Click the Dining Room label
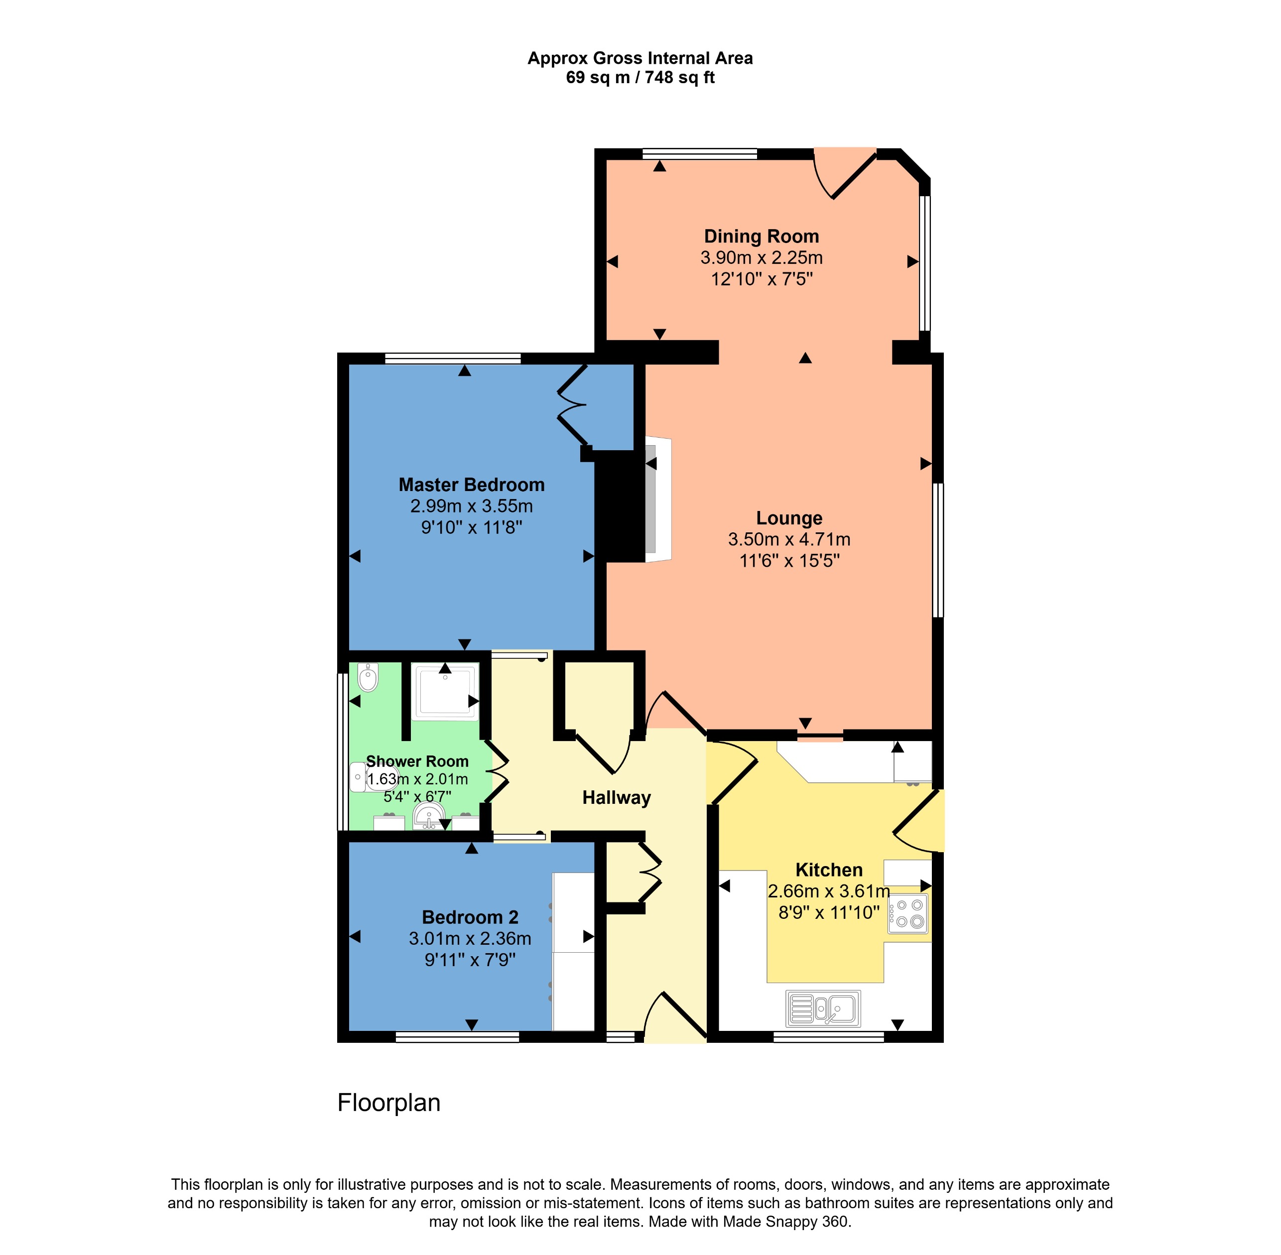tap(761, 236)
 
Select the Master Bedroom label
tap(471, 485)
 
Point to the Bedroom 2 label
tap(470, 917)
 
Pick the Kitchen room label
tap(829, 870)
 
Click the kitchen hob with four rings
tap(908, 913)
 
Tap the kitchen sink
tap(823, 1008)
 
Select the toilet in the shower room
tap(368, 677)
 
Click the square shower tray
tap(445, 691)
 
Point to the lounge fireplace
tap(657, 500)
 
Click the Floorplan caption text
tap(388, 1103)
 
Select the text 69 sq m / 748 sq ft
tap(640, 78)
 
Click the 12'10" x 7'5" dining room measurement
tap(761, 279)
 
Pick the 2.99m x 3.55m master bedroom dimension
tap(471, 505)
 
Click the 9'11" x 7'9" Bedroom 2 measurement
tap(470, 959)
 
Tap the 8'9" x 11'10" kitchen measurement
tap(829, 912)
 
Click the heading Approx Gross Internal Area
tap(640, 58)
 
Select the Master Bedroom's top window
tap(452, 359)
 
